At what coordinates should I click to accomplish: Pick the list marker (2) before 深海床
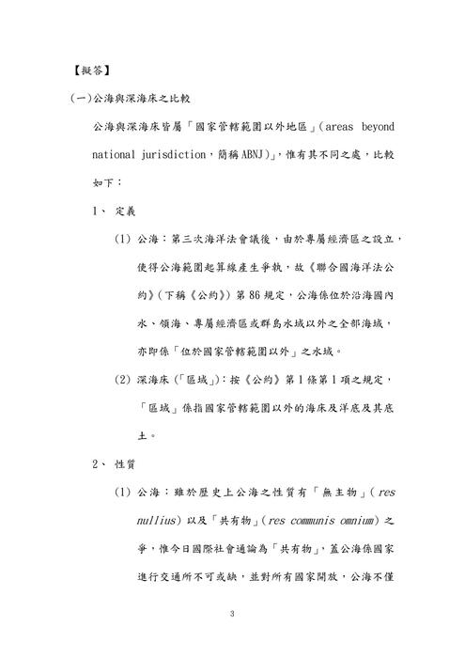coord(122,379)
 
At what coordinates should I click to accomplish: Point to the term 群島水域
coord(307,322)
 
